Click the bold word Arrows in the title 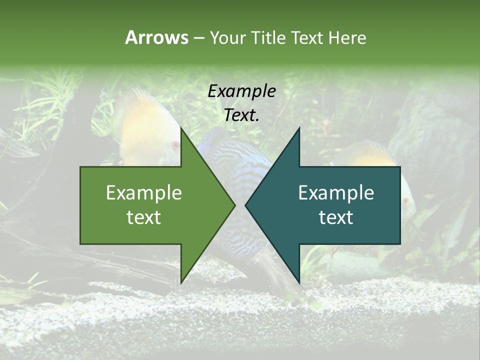pyautogui.click(x=156, y=37)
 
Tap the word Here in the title pyautogui.click(x=347, y=37)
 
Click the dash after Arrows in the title pyautogui.click(x=198, y=38)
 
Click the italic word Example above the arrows pyautogui.click(x=241, y=91)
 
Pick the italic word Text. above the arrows pyautogui.click(x=241, y=115)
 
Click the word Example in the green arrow pyautogui.click(x=144, y=192)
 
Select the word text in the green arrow pyautogui.click(x=144, y=217)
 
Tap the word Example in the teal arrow pyautogui.click(x=336, y=192)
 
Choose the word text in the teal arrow pyautogui.click(x=336, y=217)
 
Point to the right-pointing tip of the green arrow pyautogui.click(x=235, y=205)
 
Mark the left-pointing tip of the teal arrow pyautogui.click(x=245, y=205)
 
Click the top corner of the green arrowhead pyautogui.click(x=181, y=127)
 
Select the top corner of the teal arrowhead pyautogui.click(x=299, y=127)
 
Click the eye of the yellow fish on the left pyautogui.click(x=175, y=145)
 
